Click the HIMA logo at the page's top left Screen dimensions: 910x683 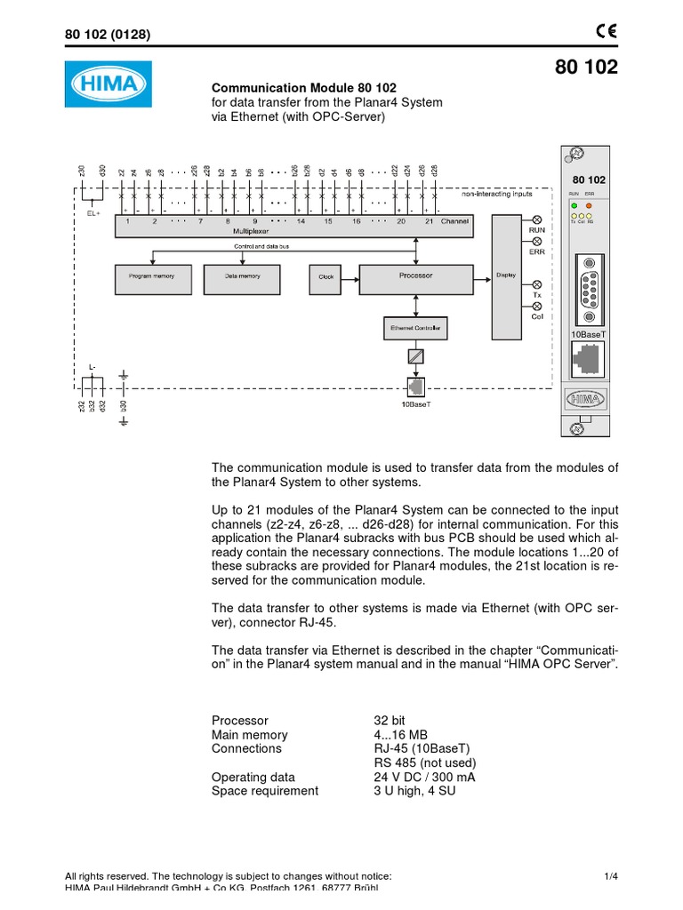(108, 84)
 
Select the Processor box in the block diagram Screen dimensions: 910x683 (415, 276)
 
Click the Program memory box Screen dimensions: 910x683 (152, 277)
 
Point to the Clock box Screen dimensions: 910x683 (325, 277)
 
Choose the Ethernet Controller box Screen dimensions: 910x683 (415, 329)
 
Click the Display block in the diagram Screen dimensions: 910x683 (505, 275)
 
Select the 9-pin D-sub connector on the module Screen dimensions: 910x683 (588, 290)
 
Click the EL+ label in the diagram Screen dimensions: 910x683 (92, 213)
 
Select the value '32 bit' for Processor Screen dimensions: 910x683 (392, 721)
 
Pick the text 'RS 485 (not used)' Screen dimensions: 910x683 (425, 763)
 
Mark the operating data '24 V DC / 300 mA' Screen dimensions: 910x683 (424, 778)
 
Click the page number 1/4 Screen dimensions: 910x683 (609, 876)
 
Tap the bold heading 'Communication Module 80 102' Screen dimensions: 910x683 (303, 88)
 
